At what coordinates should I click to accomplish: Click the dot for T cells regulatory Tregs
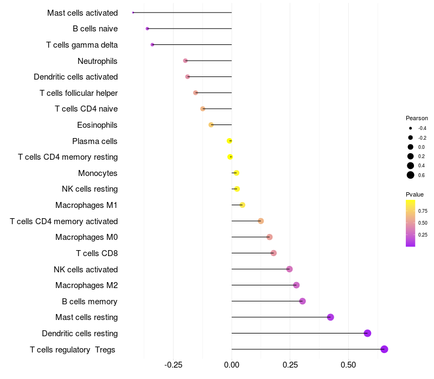point(384,349)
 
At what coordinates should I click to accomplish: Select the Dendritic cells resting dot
point(367,333)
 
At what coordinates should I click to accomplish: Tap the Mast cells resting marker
point(330,317)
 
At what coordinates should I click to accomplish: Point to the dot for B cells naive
point(147,28)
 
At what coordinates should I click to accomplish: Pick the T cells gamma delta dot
point(152,44)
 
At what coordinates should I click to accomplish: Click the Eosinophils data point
point(211,125)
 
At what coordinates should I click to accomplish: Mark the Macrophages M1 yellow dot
point(242,205)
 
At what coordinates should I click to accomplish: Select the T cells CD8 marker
point(273,253)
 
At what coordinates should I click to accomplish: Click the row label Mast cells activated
point(82,12)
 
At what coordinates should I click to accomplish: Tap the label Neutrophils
point(98,61)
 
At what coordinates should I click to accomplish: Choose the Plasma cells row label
point(95,141)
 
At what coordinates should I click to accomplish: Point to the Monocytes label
point(98,173)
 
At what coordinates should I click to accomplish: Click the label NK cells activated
point(86,270)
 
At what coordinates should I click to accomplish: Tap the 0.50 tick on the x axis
point(348,365)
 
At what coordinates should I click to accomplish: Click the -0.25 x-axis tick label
point(173,365)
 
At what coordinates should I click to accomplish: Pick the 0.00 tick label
point(232,365)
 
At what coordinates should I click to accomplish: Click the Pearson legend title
point(417,118)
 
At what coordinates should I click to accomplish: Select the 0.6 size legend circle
point(411,175)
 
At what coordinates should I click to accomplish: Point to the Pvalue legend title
point(414,194)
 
